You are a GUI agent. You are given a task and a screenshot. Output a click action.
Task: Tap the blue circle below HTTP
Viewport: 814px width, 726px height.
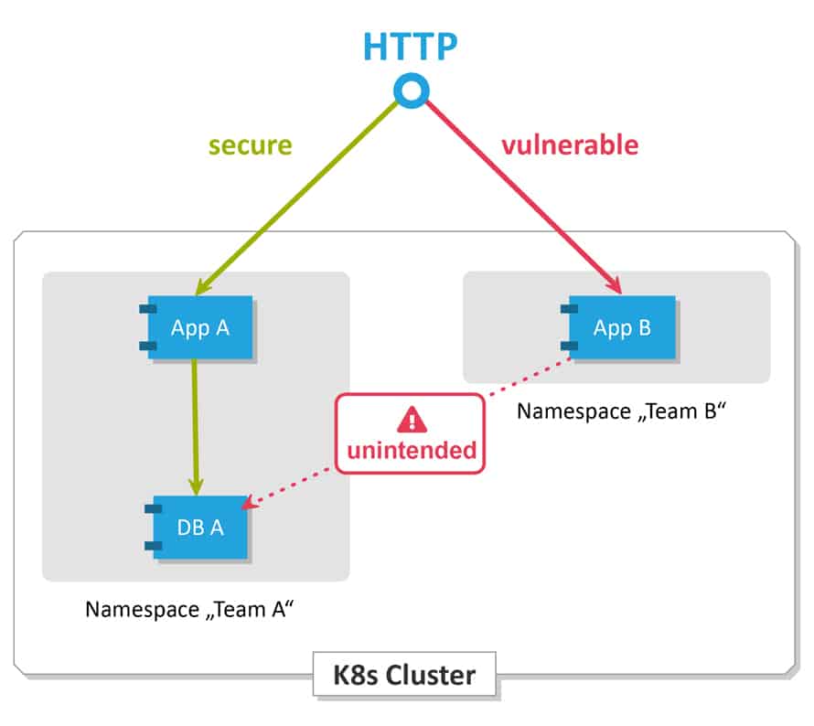409,90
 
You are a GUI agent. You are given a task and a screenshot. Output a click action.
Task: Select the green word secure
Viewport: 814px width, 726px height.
250,145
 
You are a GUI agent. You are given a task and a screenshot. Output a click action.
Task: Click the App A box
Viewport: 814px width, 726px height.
200,327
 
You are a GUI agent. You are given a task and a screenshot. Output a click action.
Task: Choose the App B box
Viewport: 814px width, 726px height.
622,327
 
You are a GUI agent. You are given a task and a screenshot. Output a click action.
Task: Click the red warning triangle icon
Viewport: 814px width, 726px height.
410,420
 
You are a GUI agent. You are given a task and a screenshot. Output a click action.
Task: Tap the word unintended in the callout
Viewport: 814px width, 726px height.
410,450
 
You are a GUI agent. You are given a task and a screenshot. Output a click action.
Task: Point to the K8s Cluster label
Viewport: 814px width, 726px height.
405,676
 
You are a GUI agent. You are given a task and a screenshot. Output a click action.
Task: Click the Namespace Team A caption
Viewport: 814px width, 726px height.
187,610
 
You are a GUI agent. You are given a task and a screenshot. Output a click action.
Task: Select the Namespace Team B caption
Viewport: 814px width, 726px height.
621,411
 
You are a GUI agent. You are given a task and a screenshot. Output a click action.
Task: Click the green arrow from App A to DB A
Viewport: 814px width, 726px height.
194,425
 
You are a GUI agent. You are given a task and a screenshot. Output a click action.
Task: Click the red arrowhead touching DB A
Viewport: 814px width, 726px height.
257,502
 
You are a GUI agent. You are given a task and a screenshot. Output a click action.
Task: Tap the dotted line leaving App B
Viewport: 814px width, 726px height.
530,378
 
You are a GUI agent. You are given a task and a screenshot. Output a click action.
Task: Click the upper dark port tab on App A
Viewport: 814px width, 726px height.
147,309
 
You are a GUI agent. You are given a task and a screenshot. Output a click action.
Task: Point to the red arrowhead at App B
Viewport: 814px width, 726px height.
614,286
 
